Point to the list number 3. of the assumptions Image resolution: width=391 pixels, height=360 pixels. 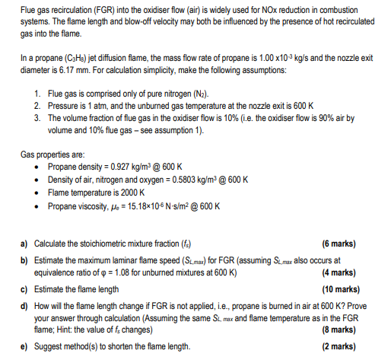point(38,118)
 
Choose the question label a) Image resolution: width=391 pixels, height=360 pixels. point(25,243)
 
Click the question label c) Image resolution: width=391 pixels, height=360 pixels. point(25,288)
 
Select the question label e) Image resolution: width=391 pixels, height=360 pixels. point(25,346)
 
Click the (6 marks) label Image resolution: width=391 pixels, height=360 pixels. point(339,243)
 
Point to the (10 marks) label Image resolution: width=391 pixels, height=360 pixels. point(336,288)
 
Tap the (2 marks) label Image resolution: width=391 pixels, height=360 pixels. point(339,346)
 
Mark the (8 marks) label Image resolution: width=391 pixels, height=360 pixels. point(339,329)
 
